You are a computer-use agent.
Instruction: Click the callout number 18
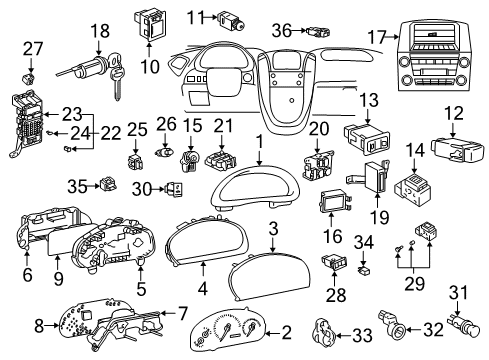coord(100,31)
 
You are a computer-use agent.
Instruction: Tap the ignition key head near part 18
coord(115,62)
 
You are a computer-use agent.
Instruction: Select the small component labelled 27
coord(30,79)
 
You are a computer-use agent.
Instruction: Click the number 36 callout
coord(282,30)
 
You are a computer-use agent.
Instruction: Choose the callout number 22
coord(110,133)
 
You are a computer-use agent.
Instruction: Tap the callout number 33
coord(362,335)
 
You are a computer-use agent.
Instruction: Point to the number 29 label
coord(415,284)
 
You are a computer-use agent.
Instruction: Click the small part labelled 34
coord(363,270)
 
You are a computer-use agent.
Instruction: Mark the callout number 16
coord(332,236)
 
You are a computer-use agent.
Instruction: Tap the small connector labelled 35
coord(108,184)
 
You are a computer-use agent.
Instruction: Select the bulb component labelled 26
coord(166,152)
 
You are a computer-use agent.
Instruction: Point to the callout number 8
coord(39,325)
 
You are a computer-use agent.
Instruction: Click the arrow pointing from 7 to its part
coord(169,313)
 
